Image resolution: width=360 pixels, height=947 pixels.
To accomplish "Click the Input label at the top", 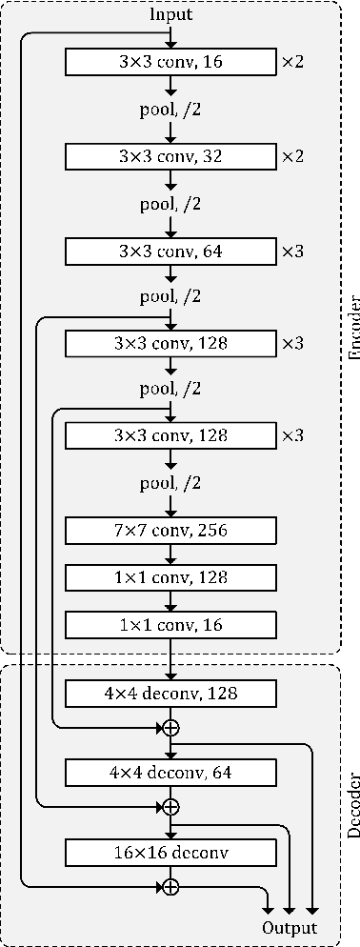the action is [x=170, y=15].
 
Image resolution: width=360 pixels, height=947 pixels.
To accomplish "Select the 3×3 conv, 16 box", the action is [x=170, y=63].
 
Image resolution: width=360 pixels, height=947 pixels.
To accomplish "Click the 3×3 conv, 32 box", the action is [x=170, y=157].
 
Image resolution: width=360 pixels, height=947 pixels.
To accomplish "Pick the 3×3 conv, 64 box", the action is [x=170, y=251].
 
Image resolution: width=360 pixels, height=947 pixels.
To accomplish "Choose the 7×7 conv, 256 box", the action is [x=170, y=530].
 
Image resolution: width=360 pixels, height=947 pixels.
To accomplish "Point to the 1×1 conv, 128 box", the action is [x=170, y=576].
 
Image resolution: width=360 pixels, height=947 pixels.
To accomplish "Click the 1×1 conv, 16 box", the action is [x=170, y=624].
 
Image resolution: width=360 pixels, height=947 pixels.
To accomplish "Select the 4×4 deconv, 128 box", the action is [x=170, y=693].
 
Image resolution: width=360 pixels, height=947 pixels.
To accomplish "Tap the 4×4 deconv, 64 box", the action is [x=170, y=771].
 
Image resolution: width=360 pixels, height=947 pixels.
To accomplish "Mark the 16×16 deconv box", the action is [x=170, y=851].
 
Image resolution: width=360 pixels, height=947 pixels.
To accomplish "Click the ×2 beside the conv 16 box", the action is [x=291, y=63].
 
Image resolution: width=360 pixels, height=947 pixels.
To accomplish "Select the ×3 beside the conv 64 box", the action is [x=291, y=251].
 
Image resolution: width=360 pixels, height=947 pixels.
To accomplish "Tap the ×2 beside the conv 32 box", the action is [x=291, y=157].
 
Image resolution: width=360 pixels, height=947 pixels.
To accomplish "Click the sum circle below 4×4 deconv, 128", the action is [x=170, y=728].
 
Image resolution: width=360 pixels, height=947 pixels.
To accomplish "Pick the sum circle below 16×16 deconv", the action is [x=170, y=887].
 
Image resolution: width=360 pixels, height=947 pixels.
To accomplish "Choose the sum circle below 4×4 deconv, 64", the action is [x=170, y=807].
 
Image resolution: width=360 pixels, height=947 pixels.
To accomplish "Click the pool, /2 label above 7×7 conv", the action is [x=170, y=484].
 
